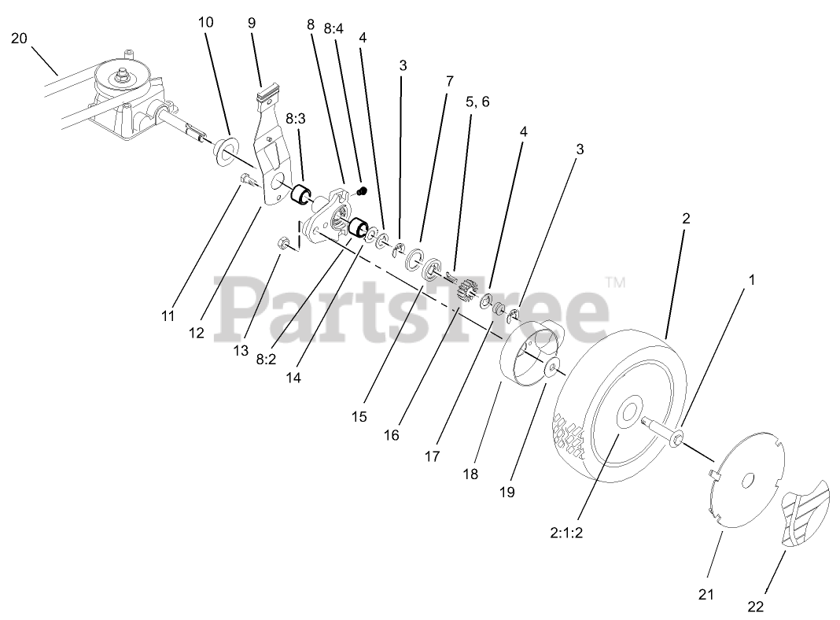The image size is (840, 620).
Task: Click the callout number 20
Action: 19,38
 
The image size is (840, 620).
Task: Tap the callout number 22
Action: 756,607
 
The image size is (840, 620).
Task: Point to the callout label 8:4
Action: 333,28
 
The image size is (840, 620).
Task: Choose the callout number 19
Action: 507,492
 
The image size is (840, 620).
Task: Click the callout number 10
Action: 205,22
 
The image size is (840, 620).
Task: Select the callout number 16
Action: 391,435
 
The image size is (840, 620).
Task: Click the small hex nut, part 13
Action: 281,243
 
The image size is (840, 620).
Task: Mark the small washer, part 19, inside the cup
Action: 551,367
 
